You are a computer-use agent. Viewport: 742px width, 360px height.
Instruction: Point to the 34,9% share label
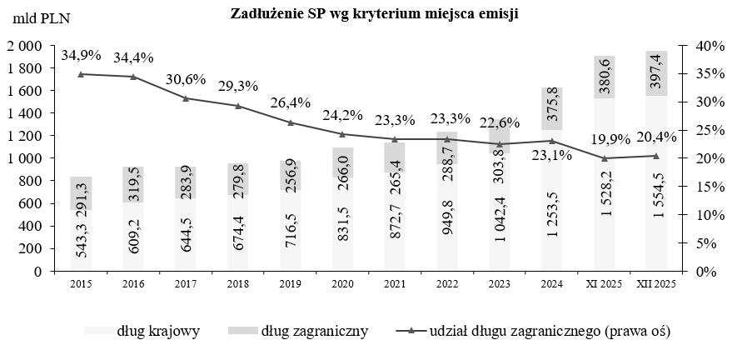81,56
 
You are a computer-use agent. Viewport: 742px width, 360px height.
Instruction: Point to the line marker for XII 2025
656,156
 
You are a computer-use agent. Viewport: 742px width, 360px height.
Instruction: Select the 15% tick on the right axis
700,186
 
